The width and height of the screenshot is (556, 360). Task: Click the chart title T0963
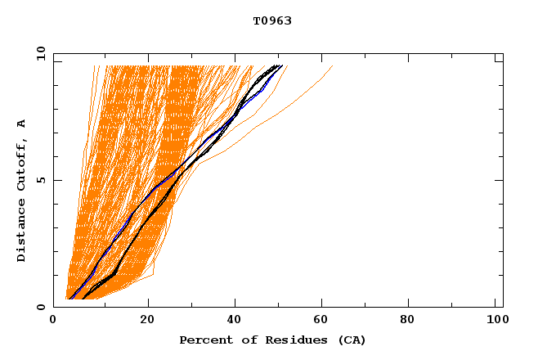[272, 20]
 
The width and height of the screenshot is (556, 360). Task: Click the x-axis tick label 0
[53, 319]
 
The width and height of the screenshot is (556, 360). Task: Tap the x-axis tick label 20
[147, 319]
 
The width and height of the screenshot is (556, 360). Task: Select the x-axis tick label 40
[235, 319]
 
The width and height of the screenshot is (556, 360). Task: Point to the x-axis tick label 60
[324, 319]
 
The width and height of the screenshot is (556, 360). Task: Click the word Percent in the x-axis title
[202, 340]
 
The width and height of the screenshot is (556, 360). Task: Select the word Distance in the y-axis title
[22, 230]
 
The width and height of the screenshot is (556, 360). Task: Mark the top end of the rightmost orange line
[333, 66]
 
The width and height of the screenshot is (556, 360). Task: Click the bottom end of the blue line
[71, 299]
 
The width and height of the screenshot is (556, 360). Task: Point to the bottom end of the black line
[83, 299]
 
